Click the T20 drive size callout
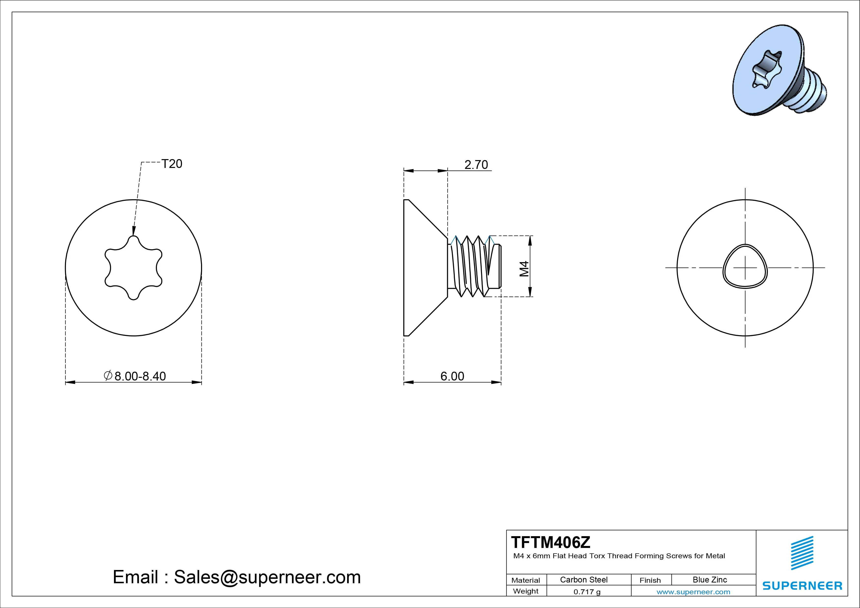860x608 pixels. click(172, 164)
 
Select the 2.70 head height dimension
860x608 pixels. click(476, 165)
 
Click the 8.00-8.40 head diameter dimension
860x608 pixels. click(140, 376)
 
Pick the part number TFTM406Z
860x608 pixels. click(551, 542)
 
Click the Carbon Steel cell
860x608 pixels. click(583, 580)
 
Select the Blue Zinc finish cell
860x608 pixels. click(710, 580)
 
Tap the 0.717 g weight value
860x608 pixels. click(587, 592)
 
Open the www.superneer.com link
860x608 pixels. click(693, 592)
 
